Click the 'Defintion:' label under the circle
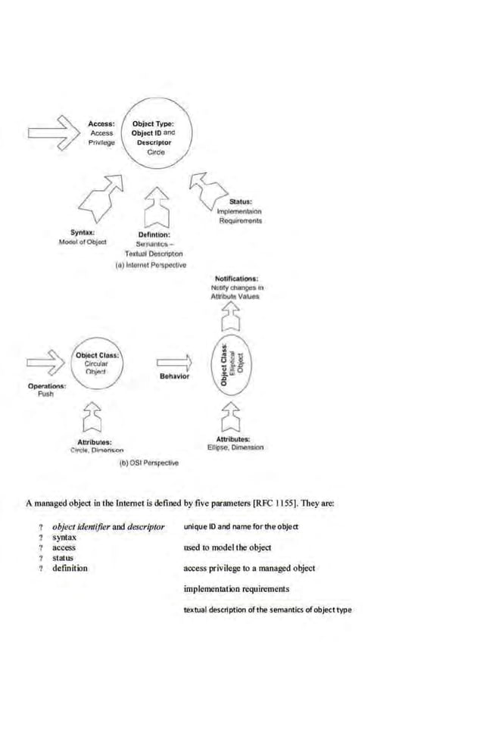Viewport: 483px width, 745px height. coord(159,235)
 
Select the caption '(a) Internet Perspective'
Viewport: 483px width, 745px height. coord(150,266)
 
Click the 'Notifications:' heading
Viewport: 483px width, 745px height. coord(235,279)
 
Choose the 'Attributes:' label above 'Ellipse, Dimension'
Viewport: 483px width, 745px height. coord(233,439)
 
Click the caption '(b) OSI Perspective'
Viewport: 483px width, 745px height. coord(149,463)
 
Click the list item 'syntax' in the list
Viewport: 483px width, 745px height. coord(64,537)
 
